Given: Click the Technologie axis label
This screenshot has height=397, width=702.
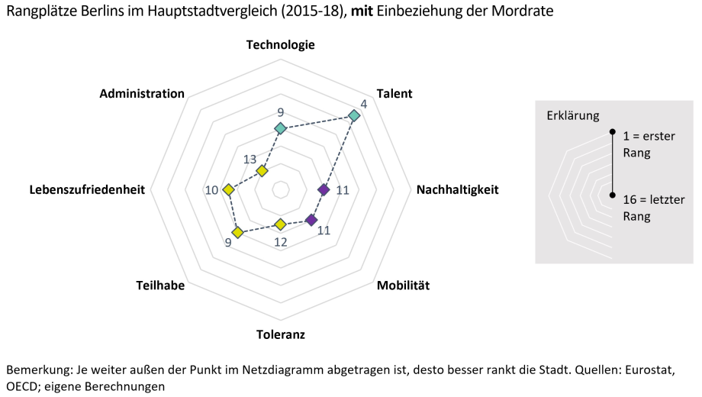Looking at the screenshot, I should tap(280, 44).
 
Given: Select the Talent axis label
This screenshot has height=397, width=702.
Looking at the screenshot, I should tap(394, 93).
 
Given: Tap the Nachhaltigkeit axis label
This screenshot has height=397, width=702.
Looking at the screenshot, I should tap(457, 189).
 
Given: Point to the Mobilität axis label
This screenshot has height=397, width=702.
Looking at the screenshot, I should tap(403, 286).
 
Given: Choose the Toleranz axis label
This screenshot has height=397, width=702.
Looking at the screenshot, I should tap(280, 334).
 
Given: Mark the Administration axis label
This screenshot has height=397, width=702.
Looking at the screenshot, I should tap(142, 93).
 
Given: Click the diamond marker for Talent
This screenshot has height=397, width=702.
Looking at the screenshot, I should tap(353, 116).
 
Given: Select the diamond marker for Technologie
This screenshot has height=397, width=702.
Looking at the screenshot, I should tap(280, 128).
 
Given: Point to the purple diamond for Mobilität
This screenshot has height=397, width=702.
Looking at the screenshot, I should tap(311, 220).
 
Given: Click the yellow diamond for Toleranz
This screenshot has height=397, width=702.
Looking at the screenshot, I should tap(280, 224).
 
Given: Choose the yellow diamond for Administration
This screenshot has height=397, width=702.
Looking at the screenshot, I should tap(262, 171).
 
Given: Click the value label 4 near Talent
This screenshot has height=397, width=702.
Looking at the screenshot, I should tap(363, 103).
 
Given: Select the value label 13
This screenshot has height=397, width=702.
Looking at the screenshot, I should tap(250, 159).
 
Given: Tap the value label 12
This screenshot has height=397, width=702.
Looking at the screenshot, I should tap(280, 242).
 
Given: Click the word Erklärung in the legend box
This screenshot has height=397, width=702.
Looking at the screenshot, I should tap(573, 115).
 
